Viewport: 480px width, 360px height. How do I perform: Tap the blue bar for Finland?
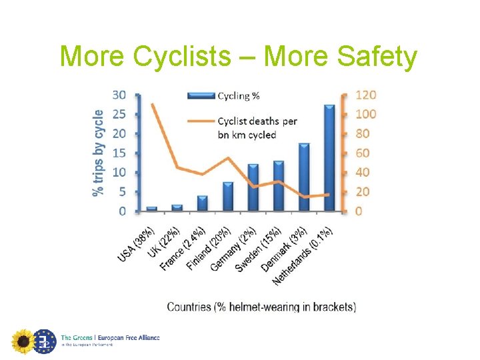coord(228,197)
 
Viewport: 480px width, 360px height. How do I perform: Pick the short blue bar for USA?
coord(152,209)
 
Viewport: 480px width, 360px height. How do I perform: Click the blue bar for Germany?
coord(253,187)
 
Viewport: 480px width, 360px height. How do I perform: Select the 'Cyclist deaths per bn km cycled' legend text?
coord(257,128)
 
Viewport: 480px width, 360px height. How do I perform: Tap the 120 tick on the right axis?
coord(365,95)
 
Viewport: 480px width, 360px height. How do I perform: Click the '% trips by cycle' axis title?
coord(98,153)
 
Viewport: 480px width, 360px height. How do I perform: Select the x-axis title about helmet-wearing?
coord(261,307)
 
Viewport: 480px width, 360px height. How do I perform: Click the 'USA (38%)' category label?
coord(137,243)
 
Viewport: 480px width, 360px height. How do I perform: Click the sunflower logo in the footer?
coord(23,341)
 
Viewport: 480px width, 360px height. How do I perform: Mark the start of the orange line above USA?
coord(153,104)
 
